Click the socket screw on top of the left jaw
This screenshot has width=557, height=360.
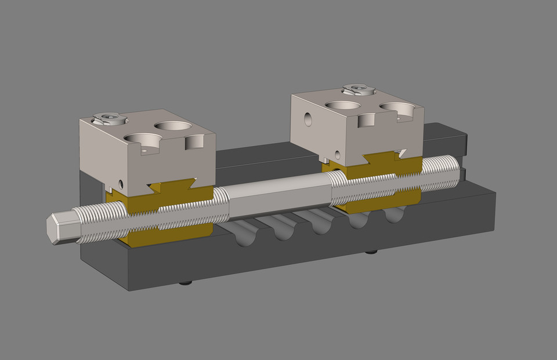[x=109, y=119]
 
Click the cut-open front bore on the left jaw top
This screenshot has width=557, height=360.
[x=143, y=140]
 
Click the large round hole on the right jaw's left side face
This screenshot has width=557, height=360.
[x=308, y=120]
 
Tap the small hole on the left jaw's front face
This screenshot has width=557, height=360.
[x=121, y=184]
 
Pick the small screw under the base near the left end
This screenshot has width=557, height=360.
[x=186, y=283]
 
